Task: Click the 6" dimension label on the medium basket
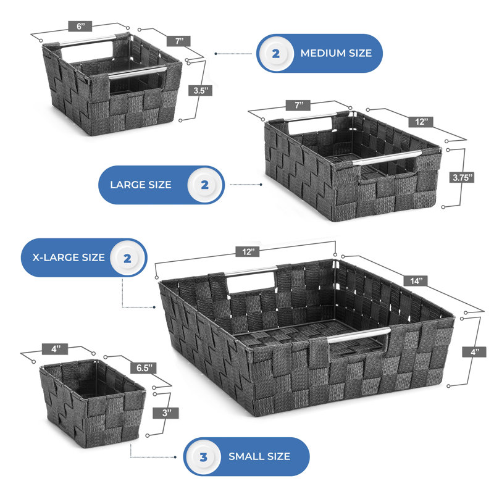point(80,26)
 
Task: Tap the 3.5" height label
point(201,91)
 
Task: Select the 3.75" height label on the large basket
point(461,177)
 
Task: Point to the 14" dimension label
point(416,280)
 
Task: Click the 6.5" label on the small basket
point(144,367)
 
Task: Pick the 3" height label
point(165,413)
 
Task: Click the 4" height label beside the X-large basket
point(474,351)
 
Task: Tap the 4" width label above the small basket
point(55,349)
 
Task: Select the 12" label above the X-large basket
point(248,252)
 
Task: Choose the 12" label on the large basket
point(421,122)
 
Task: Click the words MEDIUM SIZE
point(336,53)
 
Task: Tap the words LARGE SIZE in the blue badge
point(141,185)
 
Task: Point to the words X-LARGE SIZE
point(69,257)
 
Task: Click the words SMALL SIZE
point(259,456)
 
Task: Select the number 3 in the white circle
point(204,457)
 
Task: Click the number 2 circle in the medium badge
point(276,54)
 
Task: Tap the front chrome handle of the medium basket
point(137,72)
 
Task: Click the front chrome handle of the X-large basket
point(359,334)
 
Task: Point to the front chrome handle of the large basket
point(387,157)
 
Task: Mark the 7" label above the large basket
point(298,105)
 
